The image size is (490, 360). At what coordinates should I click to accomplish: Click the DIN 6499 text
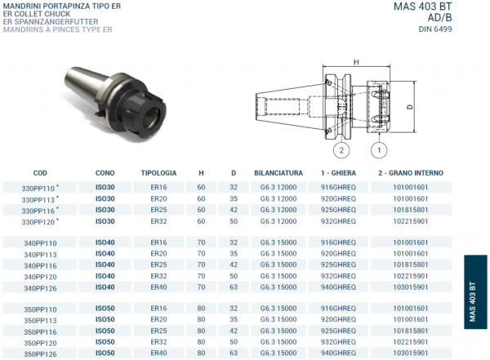[434, 29]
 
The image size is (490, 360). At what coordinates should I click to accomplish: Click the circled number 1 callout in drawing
[378, 150]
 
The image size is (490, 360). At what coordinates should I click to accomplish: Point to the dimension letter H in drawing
[356, 62]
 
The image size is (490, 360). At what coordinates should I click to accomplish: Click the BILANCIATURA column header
[278, 173]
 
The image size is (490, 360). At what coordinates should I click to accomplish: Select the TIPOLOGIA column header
[158, 173]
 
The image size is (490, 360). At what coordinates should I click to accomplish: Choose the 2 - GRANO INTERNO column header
[410, 173]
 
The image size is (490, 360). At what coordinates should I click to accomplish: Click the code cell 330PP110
[38, 188]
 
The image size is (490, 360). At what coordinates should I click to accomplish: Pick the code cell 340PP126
[40, 288]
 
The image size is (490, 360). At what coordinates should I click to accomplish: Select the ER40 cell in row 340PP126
[158, 287]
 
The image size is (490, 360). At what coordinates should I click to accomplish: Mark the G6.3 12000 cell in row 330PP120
[278, 221]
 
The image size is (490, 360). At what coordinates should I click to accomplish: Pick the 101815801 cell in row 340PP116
[410, 265]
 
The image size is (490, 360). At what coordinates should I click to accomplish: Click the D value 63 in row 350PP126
[234, 353]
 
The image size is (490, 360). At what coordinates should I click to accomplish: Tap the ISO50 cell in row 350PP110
[105, 309]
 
